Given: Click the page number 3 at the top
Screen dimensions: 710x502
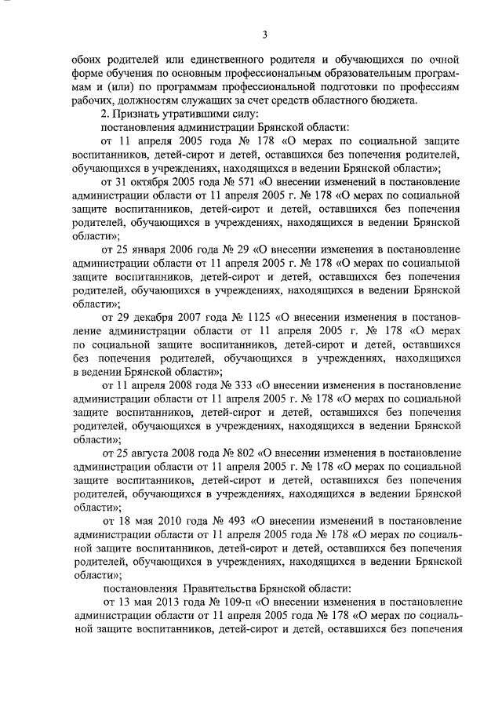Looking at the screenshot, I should (264, 34).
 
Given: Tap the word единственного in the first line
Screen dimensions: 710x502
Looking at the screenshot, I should (226, 59).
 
